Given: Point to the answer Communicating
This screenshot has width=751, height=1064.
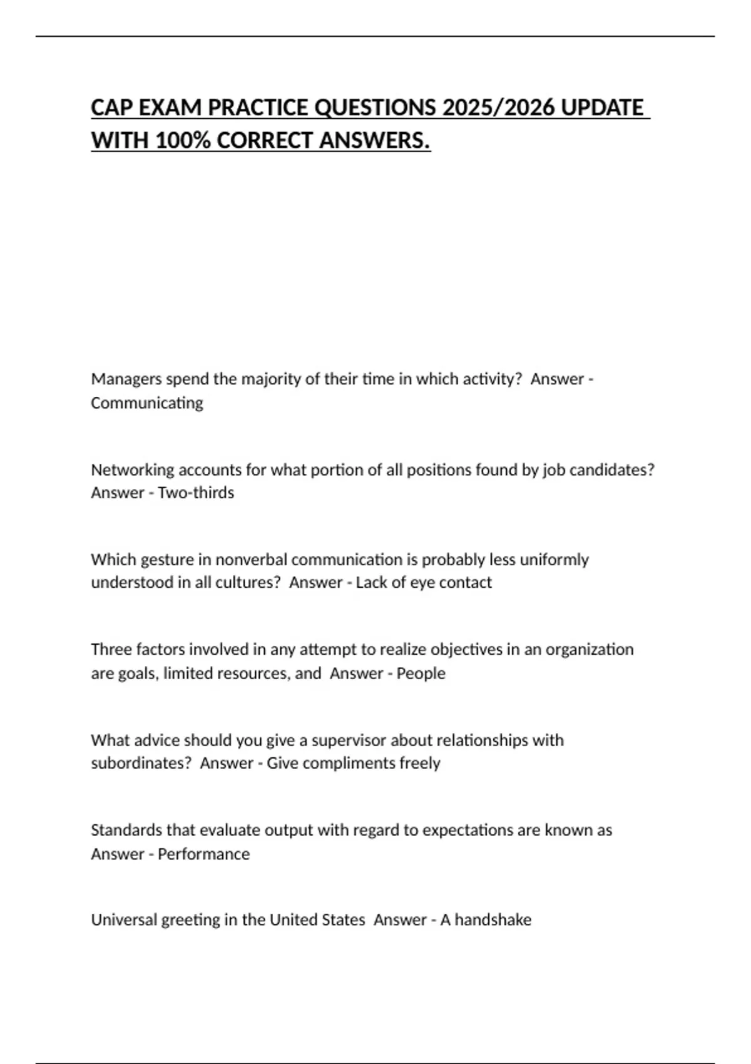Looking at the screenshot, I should pos(147,403).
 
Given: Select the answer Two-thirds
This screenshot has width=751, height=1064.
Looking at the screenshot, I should pos(196,493).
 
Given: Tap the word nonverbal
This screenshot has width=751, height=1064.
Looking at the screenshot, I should pos(251,560).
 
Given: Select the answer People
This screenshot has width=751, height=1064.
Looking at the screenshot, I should pos(421,673).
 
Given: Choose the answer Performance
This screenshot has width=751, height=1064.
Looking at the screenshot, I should pos(203,854).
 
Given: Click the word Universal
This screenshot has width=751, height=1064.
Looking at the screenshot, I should pos(124,920).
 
